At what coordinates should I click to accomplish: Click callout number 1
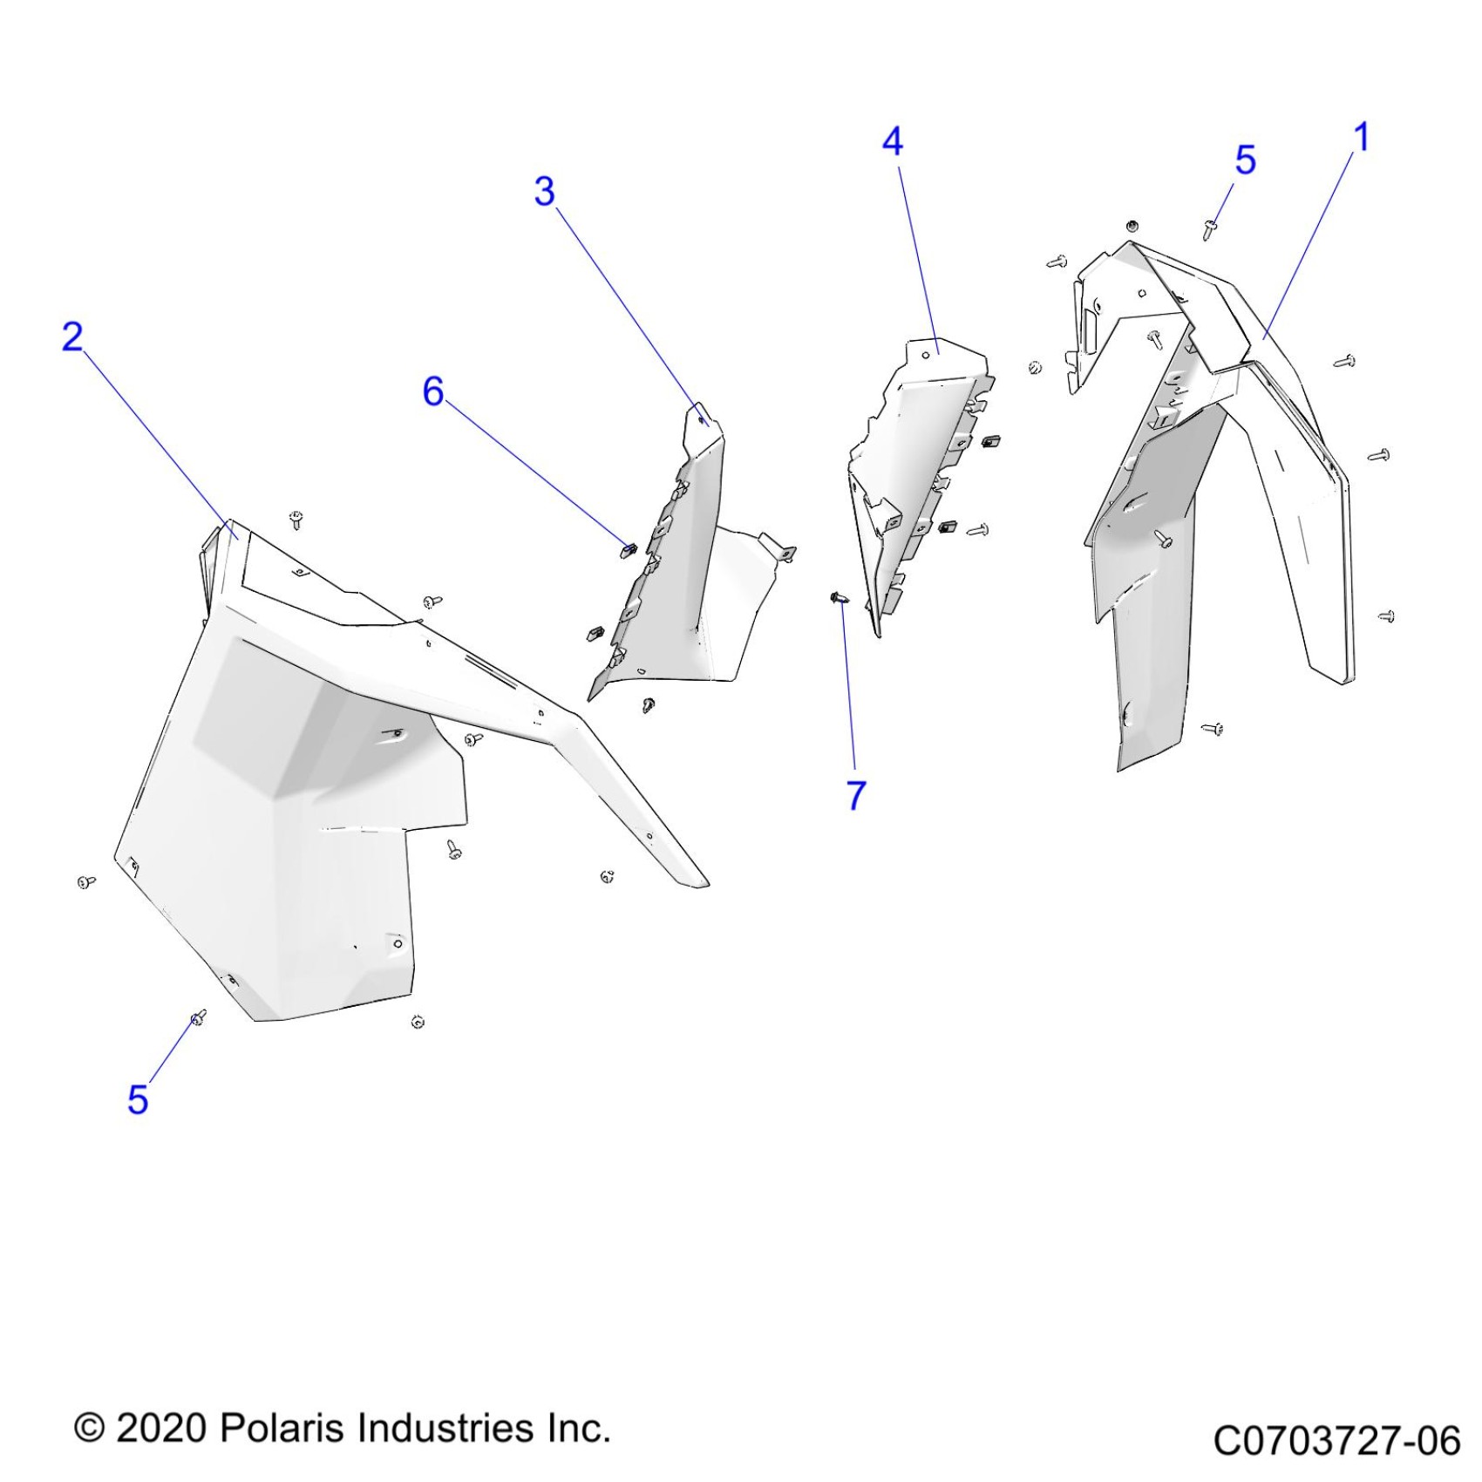(x=1362, y=138)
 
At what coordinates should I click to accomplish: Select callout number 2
(x=72, y=337)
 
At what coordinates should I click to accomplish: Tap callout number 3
(x=545, y=192)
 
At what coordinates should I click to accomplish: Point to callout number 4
(x=893, y=142)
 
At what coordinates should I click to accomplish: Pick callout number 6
(x=433, y=391)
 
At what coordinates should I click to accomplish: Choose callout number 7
(x=856, y=795)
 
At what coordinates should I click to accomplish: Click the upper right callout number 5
(x=1246, y=160)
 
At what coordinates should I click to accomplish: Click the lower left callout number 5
(x=138, y=1099)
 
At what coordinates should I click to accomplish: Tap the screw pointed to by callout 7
(x=839, y=598)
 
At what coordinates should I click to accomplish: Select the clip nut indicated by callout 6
(x=628, y=549)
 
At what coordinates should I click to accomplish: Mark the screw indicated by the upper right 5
(x=1210, y=229)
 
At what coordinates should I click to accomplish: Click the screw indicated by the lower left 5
(x=198, y=1016)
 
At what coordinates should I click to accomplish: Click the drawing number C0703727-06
(x=1336, y=1440)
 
